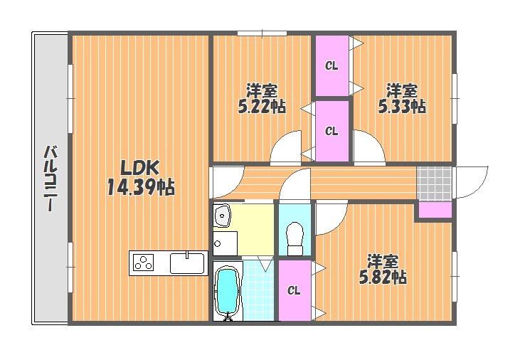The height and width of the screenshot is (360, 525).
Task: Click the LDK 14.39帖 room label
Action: (141, 177)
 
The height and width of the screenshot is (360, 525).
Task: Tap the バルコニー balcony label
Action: (51, 178)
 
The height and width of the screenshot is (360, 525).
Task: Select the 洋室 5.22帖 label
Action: (262, 98)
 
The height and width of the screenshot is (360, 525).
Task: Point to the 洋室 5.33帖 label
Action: (402, 98)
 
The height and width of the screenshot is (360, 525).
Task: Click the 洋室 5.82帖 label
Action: (383, 269)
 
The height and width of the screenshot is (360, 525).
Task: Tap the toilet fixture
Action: (295, 239)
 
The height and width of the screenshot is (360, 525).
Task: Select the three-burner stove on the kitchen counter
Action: (144, 263)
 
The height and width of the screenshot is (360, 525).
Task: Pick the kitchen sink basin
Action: (187, 263)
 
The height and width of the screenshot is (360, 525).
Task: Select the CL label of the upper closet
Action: (332, 66)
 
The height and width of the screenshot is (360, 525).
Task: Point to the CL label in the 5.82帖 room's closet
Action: (294, 291)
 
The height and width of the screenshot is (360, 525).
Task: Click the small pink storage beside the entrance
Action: (435, 210)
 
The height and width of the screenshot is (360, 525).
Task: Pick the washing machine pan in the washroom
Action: (226, 243)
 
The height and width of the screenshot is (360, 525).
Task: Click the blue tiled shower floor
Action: (258, 290)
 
